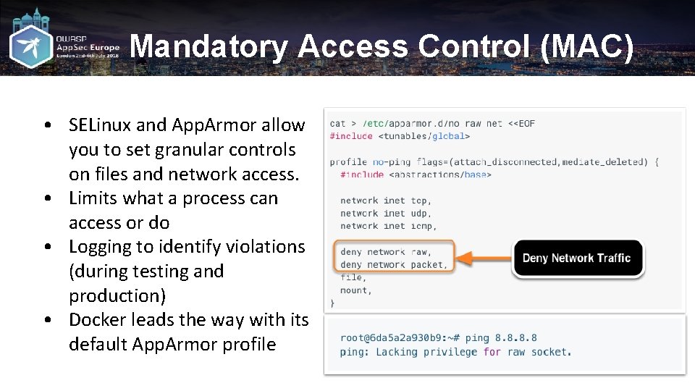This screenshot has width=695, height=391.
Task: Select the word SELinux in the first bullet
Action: click(x=101, y=125)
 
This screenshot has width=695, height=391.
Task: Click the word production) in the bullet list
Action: click(x=117, y=296)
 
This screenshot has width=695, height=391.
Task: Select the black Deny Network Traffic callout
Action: click(x=577, y=258)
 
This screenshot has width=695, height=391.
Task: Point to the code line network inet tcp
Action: click(x=386, y=201)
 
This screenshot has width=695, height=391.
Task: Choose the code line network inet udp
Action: click(x=386, y=214)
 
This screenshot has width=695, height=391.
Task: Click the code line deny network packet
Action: click(x=394, y=265)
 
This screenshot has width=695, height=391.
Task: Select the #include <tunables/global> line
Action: click(x=400, y=136)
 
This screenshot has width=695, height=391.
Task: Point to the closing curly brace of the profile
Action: click(x=332, y=303)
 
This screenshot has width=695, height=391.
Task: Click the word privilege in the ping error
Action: click(x=450, y=353)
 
